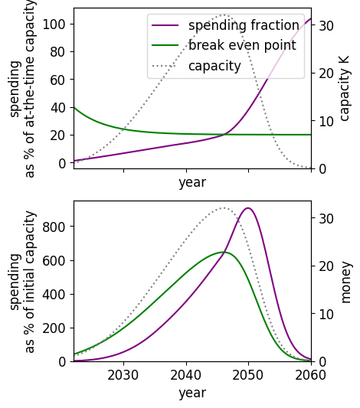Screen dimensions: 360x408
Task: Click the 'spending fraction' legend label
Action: (244, 25)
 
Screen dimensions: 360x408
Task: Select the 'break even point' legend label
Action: (242, 45)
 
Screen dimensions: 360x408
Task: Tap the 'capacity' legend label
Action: (214, 66)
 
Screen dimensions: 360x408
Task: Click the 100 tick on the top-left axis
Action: (54, 24)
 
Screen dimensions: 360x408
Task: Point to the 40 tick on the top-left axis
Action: (58, 107)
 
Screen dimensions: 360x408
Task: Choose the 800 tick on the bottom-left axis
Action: (54, 227)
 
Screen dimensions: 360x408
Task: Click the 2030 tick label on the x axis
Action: (123, 375)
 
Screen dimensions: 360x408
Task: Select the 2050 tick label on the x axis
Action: (248, 375)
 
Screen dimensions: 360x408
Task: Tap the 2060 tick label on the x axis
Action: (310, 375)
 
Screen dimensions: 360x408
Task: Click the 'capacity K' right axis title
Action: (344, 89)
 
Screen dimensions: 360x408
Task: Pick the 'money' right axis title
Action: (346, 282)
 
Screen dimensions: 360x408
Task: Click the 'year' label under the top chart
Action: (192, 182)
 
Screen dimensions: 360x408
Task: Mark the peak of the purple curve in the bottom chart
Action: (248, 208)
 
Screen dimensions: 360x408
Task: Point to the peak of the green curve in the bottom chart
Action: (224, 252)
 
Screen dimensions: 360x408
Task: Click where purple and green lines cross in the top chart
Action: (224, 135)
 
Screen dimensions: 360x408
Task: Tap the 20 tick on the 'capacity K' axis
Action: (326, 73)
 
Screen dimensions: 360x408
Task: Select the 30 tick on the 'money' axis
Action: (326, 218)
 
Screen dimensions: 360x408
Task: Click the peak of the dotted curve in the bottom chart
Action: (224, 208)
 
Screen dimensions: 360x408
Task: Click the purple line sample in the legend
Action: (165, 25)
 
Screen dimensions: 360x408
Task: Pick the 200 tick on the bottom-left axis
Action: (54, 328)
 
